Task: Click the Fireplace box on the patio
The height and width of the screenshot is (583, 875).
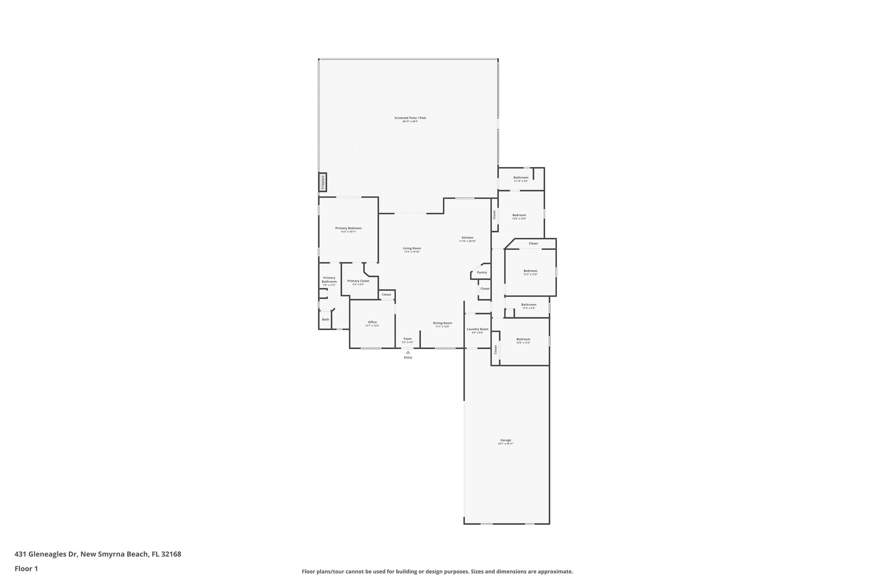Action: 323,182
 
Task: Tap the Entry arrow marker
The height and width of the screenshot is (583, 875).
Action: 408,352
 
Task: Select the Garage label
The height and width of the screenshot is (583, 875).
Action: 505,440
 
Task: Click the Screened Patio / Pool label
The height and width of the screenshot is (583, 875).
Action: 410,118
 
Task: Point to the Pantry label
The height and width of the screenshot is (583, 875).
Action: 482,272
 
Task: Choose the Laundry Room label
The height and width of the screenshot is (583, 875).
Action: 477,329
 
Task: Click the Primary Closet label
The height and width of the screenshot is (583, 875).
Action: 358,281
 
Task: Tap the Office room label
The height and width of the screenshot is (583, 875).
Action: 372,322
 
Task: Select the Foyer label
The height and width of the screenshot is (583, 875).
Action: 408,339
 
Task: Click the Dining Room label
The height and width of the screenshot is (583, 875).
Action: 442,323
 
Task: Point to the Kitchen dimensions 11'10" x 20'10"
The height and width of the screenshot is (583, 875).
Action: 467,241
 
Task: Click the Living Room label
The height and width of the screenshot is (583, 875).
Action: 412,248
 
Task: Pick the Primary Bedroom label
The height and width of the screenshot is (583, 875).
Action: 348,228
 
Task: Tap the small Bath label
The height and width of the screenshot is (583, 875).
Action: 326,319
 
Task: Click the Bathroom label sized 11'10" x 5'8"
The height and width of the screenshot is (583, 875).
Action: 521,177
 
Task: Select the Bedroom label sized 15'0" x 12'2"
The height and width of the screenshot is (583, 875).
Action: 523,339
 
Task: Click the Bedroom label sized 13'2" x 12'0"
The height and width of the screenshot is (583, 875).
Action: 530,271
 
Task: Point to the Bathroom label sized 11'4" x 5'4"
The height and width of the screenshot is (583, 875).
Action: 529,305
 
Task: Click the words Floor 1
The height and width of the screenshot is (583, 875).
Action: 26,568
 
